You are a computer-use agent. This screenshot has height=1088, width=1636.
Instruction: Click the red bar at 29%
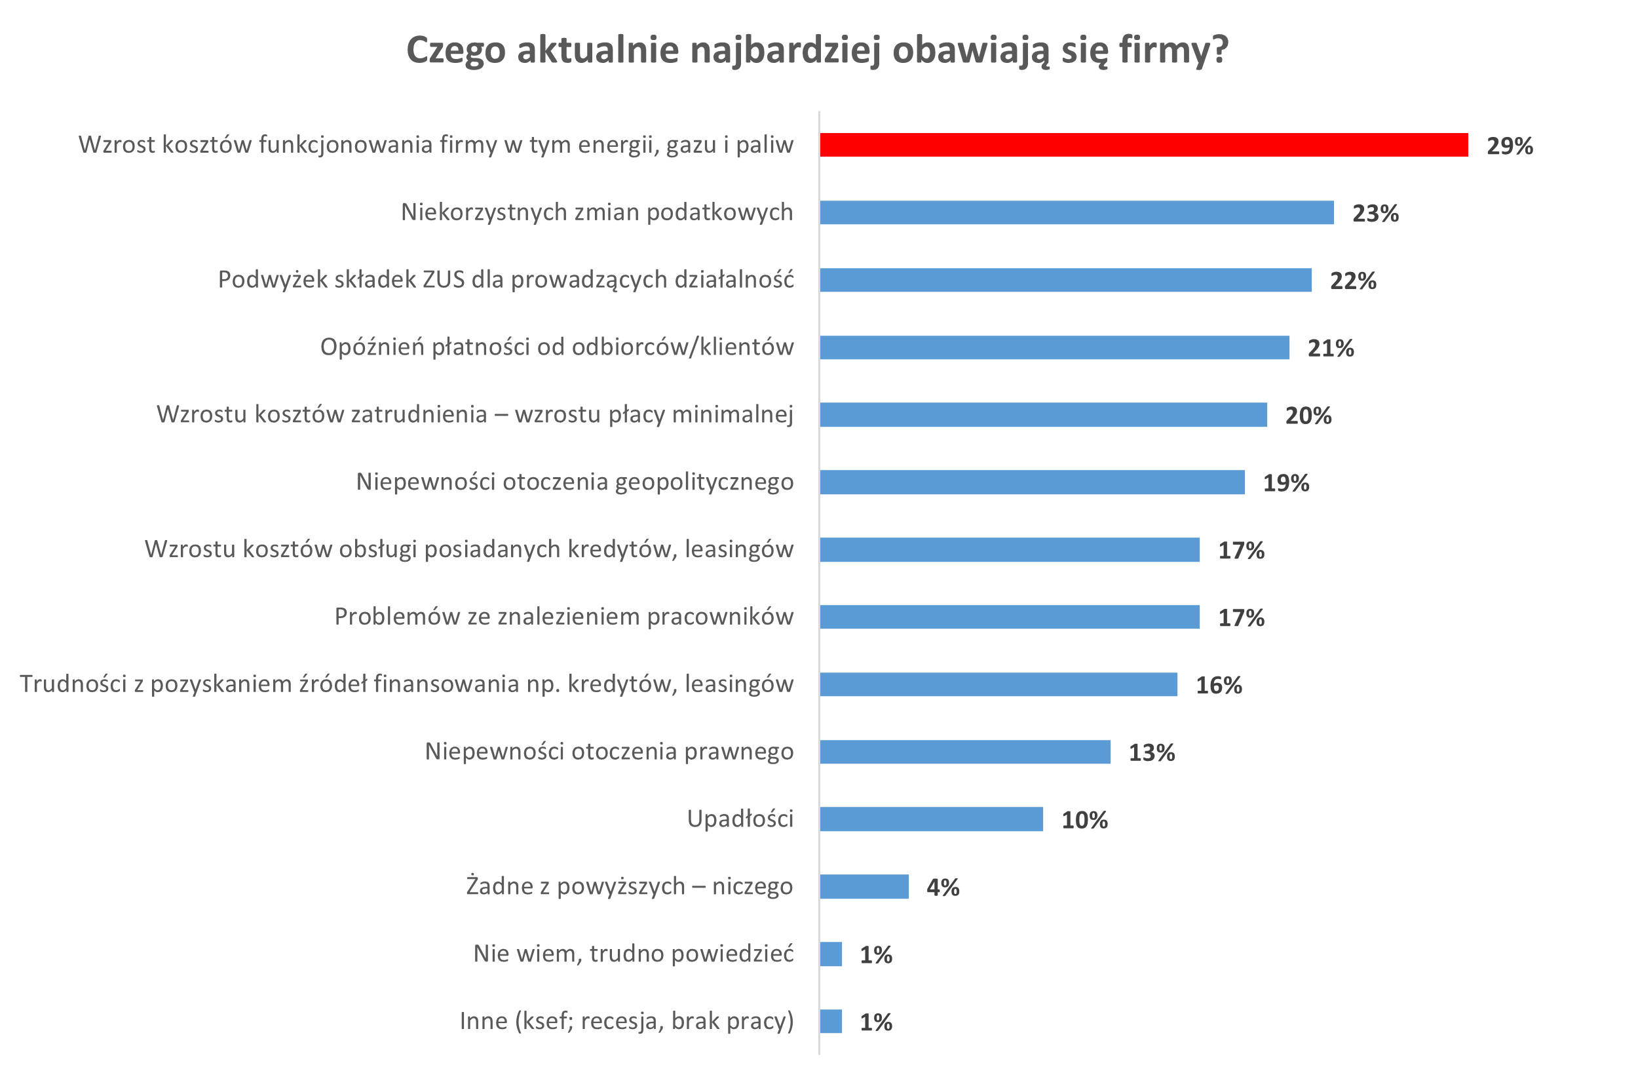click(1143, 145)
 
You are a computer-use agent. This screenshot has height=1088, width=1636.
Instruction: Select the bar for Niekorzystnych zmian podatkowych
click(1076, 212)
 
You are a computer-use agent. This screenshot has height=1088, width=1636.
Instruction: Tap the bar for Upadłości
click(931, 819)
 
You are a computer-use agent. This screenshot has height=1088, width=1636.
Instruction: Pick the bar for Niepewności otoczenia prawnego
click(964, 752)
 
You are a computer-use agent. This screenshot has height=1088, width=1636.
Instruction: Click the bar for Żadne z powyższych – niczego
click(864, 886)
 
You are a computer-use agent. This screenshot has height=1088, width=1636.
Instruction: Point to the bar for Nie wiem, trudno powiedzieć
click(830, 954)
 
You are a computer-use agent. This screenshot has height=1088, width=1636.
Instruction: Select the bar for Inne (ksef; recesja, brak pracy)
click(830, 1020)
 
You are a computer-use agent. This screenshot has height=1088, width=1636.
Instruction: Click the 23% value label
click(1375, 213)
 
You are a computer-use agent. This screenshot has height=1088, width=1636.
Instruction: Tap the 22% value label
click(1352, 281)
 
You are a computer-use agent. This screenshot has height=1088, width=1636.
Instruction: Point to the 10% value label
click(1084, 819)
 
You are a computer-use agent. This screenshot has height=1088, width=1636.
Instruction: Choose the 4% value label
click(943, 887)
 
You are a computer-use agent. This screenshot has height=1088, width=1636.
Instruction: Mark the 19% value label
click(1285, 483)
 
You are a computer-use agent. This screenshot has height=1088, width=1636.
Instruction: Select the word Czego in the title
click(455, 50)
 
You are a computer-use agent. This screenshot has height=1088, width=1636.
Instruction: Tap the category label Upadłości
click(739, 819)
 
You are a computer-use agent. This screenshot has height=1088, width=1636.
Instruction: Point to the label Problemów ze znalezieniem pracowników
click(563, 616)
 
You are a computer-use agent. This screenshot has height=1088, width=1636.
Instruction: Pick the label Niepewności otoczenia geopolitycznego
click(574, 482)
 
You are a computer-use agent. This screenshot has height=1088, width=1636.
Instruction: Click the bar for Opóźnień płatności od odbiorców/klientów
click(1054, 347)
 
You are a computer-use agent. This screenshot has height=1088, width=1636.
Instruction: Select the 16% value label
click(1219, 685)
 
